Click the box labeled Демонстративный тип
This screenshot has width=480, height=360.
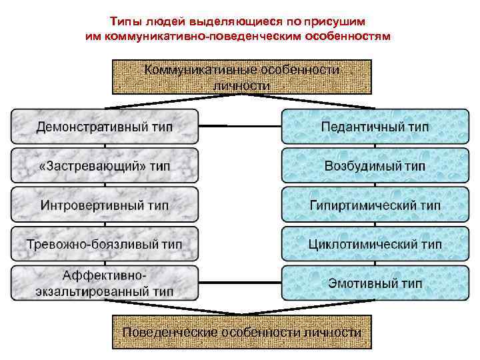[105, 126]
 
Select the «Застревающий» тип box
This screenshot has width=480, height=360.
[105, 165]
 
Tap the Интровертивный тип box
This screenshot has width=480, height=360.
[105, 204]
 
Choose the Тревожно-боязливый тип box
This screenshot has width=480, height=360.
[105, 243]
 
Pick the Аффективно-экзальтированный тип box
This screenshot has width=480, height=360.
[105, 283]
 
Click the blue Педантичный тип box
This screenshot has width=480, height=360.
[375, 126]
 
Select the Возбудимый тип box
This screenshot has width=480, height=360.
[375, 165]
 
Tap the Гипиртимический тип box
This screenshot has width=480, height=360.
[375, 204]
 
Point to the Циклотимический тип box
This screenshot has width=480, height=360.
[375, 243]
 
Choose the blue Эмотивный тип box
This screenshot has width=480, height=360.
[375, 283]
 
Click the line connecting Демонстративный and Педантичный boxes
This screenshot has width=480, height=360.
[240, 126]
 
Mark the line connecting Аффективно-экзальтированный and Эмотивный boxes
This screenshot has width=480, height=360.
[240, 283]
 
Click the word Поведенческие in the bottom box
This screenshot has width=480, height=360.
[169, 332]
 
